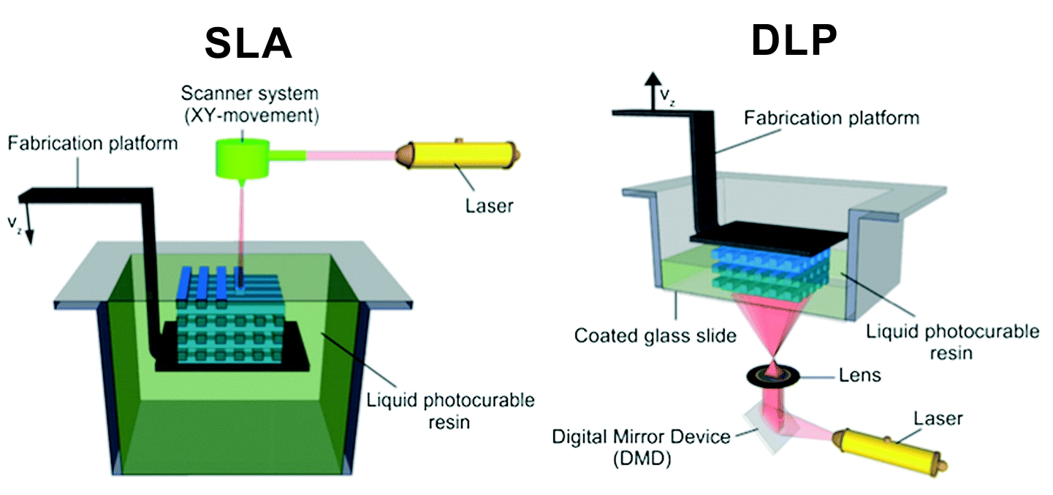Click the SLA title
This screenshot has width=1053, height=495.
pyautogui.click(x=248, y=45)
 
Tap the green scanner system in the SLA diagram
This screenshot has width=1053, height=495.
pyautogui.click(x=242, y=158)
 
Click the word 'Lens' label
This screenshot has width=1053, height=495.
pyautogui.click(x=859, y=376)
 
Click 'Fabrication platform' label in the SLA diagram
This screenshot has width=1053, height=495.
pyautogui.click(x=93, y=143)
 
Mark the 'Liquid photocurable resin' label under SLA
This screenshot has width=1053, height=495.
pyautogui.click(x=451, y=411)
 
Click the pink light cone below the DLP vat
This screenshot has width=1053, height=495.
pyautogui.click(x=773, y=328)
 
